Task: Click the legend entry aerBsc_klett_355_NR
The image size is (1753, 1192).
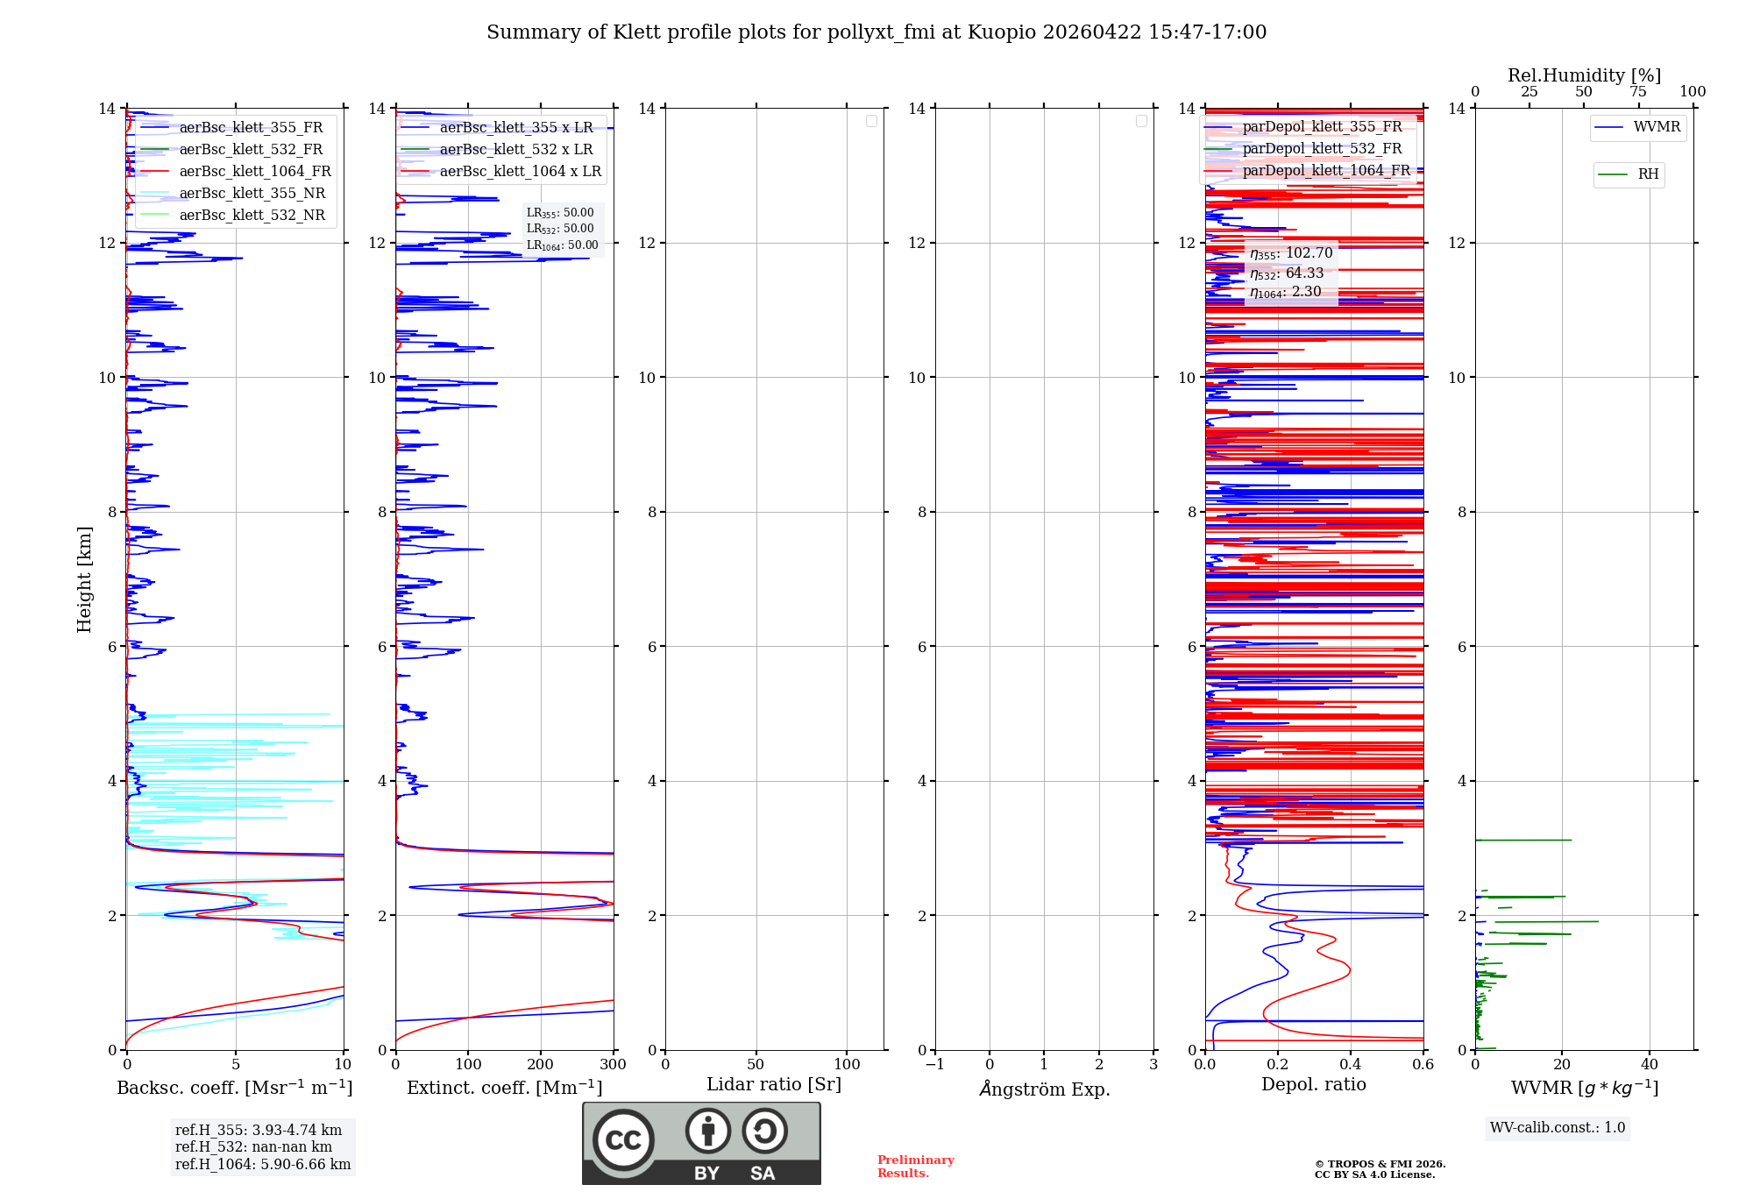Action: [252, 193]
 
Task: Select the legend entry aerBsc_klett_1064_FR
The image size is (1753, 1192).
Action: [255, 171]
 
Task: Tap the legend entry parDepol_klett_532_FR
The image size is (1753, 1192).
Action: [1322, 148]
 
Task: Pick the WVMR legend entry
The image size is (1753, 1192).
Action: [1657, 127]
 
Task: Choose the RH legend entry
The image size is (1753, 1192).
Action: [1648, 174]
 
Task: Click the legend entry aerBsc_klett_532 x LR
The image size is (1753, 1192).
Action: [516, 149]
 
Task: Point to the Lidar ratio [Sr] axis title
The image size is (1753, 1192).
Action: [774, 1084]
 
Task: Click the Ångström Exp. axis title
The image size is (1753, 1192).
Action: [1044, 1089]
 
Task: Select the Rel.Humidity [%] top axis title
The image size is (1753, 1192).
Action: [1584, 75]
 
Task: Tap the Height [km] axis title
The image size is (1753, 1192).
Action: [84, 578]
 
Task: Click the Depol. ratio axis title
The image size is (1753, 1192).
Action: [1313, 1084]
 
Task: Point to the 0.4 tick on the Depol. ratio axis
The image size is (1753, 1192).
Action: [1351, 1064]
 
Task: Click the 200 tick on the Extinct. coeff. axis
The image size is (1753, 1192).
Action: [541, 1064]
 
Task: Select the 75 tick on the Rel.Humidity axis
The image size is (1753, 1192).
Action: [1637, 91]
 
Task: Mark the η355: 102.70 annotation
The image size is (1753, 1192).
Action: [1291, 253]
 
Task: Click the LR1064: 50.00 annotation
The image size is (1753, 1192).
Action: [562, 245]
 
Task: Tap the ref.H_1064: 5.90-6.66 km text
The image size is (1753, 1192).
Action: [263, 1164]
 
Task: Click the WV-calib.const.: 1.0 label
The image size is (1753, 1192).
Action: [1558, 1127]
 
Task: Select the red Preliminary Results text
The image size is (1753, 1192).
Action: [915, 1166]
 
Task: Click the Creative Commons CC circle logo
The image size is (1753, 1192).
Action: [623, 1139]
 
